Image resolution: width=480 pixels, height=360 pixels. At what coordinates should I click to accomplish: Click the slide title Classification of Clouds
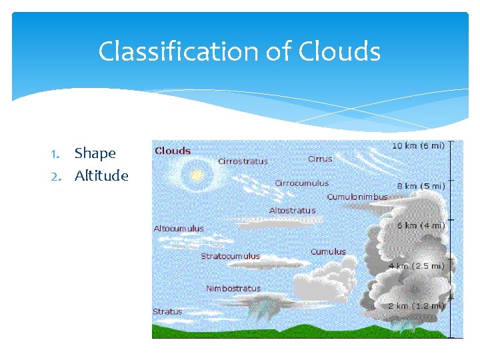point(239,51)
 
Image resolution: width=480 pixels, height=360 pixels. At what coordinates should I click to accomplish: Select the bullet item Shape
point(95,153)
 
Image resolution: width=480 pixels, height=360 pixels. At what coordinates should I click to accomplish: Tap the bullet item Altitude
point(101,176)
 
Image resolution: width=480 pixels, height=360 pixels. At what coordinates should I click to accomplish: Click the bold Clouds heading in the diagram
point(173,151)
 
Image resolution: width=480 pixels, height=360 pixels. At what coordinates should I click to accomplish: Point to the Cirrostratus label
point(243,161)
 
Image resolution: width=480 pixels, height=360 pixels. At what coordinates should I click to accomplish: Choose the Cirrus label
point(320,159)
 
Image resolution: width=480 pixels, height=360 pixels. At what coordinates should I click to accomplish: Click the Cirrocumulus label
point(301,183)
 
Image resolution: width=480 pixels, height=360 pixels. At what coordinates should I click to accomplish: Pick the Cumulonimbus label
point(357,197)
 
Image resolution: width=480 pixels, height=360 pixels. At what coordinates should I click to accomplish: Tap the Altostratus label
point(292,211)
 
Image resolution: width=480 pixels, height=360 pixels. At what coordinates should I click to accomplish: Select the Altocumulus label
point(179,229)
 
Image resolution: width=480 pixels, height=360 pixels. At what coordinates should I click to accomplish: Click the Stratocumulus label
point(231,256)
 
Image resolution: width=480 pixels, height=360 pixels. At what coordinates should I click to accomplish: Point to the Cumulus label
point(328,252)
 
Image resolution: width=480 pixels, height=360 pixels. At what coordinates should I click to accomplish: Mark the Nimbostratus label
point(233,289)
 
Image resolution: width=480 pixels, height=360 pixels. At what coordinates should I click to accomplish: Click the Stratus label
point(167,311)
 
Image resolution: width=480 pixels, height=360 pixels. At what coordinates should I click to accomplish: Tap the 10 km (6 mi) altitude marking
point(418,146)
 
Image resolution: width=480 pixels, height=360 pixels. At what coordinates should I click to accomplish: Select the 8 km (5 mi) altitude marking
point(421,187)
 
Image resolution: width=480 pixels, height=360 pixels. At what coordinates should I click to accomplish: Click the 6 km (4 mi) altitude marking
point(421,226)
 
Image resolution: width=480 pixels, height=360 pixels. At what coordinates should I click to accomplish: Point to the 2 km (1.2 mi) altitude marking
point(417,306)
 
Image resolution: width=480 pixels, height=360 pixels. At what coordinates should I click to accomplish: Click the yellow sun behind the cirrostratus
point(196,175)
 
